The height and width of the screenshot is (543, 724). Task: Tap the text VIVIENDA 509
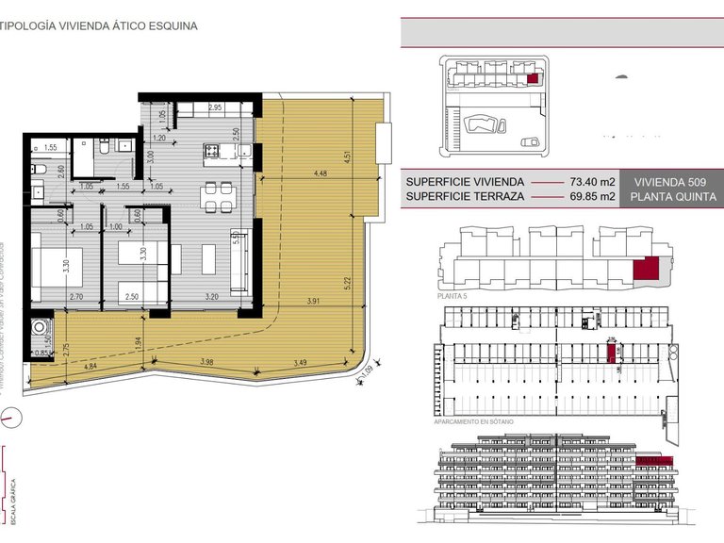669,181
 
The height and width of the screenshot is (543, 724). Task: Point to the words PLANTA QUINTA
672,197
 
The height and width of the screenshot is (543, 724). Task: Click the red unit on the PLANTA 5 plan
646,269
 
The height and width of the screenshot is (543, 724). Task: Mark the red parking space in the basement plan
611,354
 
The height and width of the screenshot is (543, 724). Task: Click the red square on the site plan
533,79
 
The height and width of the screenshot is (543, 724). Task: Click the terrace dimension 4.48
321,173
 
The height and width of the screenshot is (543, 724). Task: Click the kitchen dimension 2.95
215,107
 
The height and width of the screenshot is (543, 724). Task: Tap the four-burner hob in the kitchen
214,150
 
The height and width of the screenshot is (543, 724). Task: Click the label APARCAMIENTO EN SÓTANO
473,422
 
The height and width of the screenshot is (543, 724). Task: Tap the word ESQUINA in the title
173,26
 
